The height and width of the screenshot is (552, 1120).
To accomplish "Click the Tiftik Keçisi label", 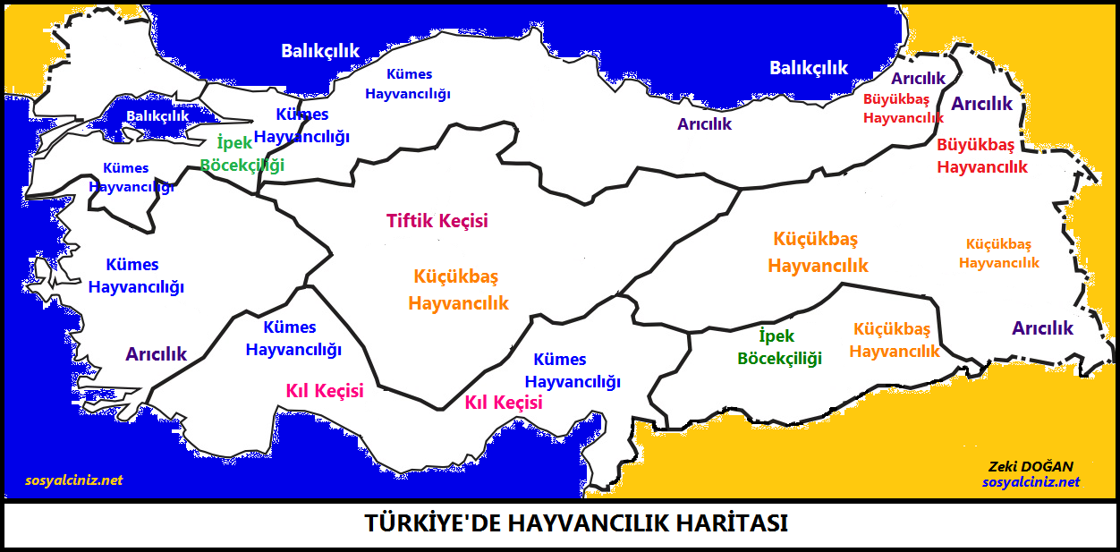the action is click(437, 220).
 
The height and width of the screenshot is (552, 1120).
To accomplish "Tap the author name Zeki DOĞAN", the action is click(1031, 466).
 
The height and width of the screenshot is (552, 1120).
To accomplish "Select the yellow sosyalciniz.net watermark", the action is click(74, 480).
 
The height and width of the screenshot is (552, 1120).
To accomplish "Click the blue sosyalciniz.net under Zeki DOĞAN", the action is click(1031, 481).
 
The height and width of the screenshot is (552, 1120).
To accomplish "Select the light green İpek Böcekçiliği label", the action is click(242, 154).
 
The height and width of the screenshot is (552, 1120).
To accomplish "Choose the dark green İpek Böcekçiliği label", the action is click(779, 347).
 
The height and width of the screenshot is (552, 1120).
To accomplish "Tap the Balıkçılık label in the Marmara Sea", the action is click(157, 115).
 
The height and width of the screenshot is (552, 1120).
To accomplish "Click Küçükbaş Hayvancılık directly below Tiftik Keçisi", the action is click(457, 289).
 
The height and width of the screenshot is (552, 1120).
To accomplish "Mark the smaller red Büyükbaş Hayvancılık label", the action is click(903, 108).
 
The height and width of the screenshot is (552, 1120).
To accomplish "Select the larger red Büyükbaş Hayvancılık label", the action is click(982, 156).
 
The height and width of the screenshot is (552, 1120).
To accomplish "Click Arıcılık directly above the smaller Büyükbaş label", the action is click(918, 79).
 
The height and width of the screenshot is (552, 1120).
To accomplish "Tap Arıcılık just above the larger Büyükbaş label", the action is click(981, 104).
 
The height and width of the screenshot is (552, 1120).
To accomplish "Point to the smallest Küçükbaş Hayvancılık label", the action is click(999, 253).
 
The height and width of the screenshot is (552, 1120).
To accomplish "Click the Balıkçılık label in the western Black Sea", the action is click(320, 50).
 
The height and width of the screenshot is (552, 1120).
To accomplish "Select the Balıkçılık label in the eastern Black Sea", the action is click(809, 67).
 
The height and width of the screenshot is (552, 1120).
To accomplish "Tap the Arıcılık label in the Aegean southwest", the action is click(157, 353).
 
